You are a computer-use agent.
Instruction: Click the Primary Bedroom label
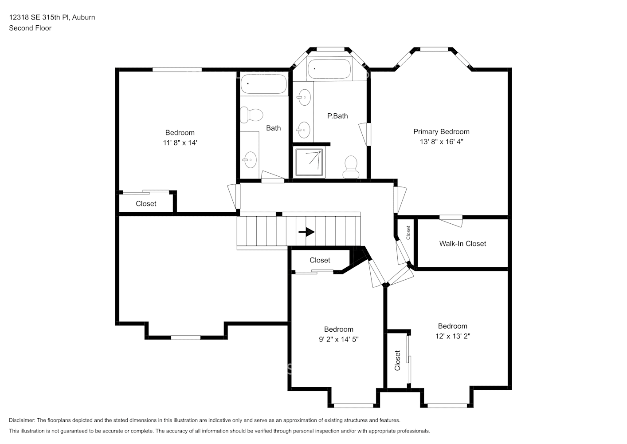point(441,132)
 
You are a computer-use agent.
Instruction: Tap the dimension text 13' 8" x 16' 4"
point(441,142)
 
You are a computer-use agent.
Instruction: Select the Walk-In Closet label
point(462,244)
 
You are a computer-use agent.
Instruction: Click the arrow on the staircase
point(306,232)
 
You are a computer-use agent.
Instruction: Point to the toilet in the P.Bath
point(351,167)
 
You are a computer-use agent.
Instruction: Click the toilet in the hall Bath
point(251,115)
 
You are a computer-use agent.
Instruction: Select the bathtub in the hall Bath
point(263,83)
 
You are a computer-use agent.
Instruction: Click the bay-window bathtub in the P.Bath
point(329,69)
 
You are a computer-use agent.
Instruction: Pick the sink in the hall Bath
point(250,160)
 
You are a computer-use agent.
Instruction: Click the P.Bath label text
point(337,116)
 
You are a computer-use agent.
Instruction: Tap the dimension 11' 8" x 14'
point(180,143)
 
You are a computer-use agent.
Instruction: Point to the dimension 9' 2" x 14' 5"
point(339,340)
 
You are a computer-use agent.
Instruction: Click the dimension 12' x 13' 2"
point(453,336)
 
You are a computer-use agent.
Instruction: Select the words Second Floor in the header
point(30,28)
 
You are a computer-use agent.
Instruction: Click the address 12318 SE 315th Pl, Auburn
point(52,17)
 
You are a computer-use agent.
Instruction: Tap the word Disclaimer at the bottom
point(22,420)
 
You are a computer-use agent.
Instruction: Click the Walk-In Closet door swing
point(451,221)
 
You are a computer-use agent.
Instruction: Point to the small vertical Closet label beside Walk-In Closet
point(408,233)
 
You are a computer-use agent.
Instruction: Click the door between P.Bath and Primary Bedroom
point(365,134)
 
